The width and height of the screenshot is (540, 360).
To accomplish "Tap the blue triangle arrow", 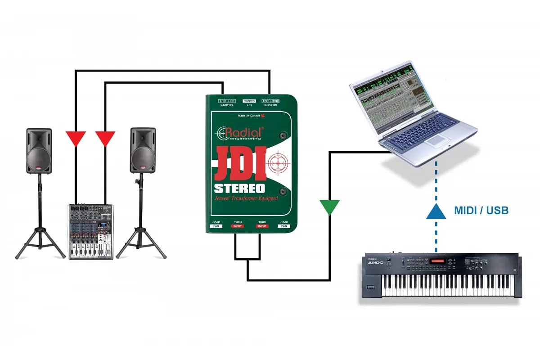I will tap(436, 211).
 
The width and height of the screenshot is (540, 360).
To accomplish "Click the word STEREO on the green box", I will tap(239, 188).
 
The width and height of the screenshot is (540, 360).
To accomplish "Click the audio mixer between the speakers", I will tap(90, 231).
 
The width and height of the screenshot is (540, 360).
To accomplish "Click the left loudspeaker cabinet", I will tap(39, 151).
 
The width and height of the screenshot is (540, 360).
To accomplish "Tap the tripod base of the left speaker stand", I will tap(40, 243).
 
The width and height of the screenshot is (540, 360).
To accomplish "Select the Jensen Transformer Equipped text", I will tap(246, 198).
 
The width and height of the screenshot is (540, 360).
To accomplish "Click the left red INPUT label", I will tap(238, 226).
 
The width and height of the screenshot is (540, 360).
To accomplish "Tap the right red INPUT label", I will tap(263, 226).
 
